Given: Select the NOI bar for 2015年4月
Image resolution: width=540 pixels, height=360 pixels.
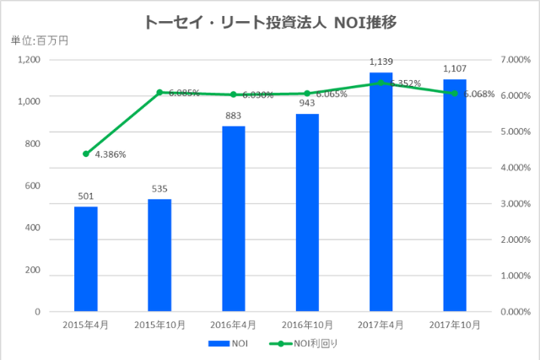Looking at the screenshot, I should tap(86, 259).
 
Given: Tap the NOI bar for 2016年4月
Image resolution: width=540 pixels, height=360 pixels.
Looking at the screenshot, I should tap(234, 219).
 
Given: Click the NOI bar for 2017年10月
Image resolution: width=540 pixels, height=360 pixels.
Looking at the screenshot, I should tap(454, 196).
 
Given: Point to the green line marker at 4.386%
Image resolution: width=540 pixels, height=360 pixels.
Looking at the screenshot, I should tap(86, 153).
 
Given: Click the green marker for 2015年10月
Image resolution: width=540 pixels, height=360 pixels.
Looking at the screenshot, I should tap(159, 92).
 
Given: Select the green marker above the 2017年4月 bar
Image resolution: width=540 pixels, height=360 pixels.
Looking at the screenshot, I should tap(381, 83).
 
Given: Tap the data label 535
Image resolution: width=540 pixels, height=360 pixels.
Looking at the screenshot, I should tap(159, 189).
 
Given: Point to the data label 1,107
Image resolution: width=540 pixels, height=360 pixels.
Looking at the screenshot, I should tap(454, 69).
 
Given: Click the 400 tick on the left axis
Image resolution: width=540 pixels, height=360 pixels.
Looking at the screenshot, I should tap(32, 228).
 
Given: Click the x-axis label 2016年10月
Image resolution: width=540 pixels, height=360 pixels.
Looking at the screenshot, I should tap(307, 325).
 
